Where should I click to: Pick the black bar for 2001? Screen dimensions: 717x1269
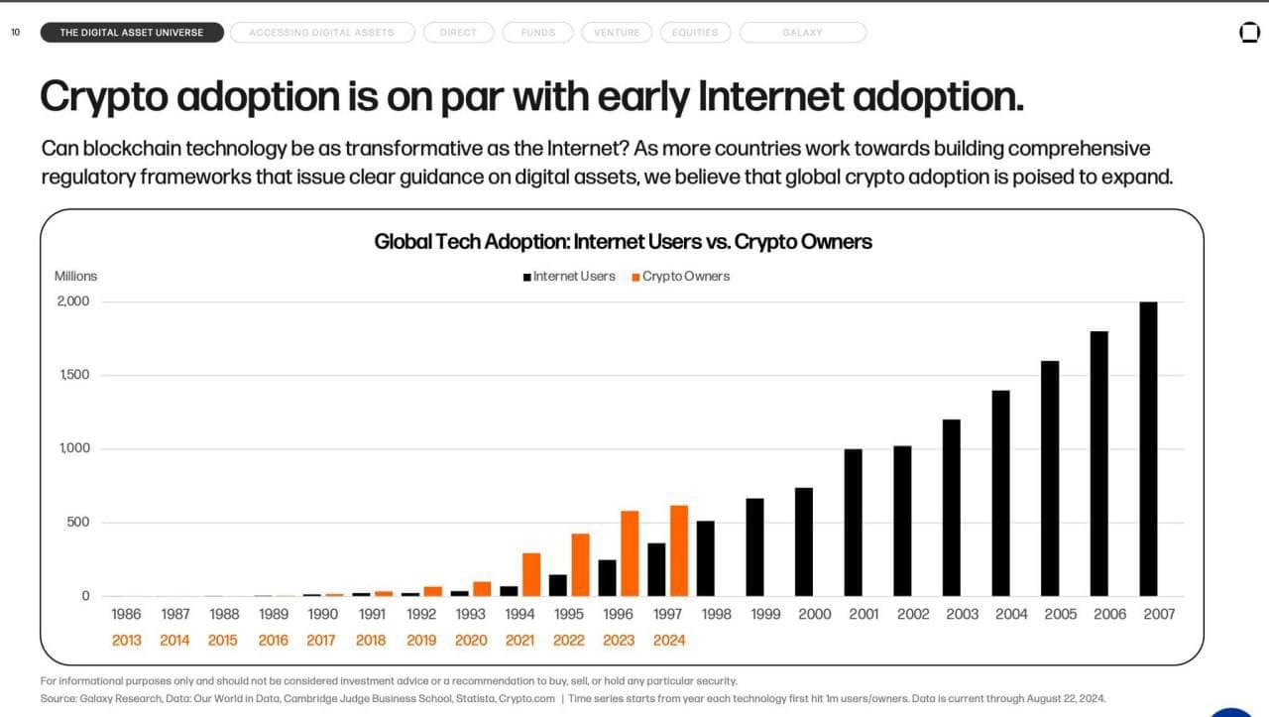[853, 523]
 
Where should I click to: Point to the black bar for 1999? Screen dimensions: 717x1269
[754, 546]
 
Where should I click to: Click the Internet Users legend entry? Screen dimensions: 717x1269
[569, 277]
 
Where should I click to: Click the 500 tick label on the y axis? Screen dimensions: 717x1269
[78, 523]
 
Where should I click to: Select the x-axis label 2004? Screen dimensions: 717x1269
[1011, 614]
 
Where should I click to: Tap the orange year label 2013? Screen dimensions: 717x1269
[127, 640]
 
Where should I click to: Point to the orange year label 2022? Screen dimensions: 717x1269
[569, 640]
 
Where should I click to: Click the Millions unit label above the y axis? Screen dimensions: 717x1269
[75, 276]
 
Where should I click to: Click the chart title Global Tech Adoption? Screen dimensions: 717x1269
[623, 241]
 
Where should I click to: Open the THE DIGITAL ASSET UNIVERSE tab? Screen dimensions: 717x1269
[132, 33]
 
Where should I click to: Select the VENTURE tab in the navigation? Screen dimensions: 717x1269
[617, 33]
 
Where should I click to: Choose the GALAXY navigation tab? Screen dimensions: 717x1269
[802, 33]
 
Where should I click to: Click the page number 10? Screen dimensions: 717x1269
[16, 33]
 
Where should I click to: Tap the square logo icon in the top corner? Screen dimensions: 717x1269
[1249, 33]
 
